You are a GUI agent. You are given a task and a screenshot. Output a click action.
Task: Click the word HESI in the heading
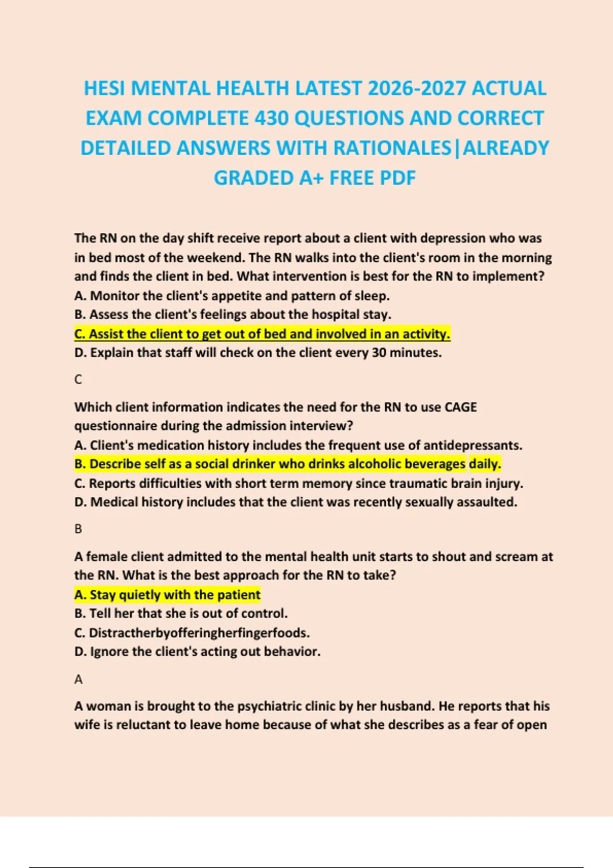coord(105,89)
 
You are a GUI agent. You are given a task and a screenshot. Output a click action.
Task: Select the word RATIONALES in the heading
coord(392,149)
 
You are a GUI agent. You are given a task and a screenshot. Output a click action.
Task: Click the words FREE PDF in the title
coord(372,178)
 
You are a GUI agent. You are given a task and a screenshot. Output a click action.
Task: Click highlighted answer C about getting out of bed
coord(262,334)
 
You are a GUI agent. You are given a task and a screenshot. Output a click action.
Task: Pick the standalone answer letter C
coord(78,379)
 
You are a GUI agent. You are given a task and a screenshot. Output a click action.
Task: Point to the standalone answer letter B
coord(78,529)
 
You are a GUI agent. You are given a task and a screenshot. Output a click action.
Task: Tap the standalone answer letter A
coord(78,680)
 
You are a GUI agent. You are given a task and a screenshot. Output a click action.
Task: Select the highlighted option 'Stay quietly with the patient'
coord(168,595)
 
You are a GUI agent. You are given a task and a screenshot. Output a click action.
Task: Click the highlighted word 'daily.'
coord(485,464)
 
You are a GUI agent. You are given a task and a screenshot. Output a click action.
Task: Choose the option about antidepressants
coord(298,445)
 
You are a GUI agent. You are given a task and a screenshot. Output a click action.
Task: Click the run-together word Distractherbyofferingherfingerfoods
coord(199,633)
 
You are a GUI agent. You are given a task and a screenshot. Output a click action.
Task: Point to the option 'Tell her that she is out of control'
coord(181,614)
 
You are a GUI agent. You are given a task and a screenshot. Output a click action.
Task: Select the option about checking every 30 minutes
coord(258,353)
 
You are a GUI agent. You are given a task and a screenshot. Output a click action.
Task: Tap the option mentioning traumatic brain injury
coord(299,484)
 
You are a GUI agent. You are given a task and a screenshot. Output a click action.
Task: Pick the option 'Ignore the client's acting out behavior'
coord(198,652)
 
